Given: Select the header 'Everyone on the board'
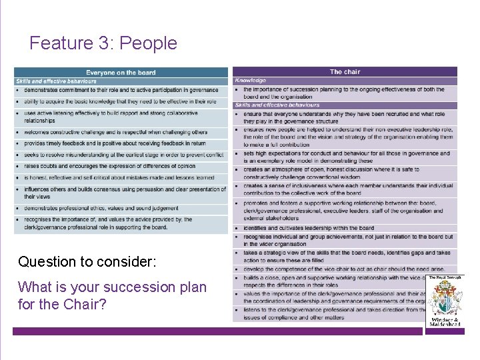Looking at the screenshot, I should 121,73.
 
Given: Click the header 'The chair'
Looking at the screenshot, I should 345,72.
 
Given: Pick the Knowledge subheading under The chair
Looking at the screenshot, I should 251,81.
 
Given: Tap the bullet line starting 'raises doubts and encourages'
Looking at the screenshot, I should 110,166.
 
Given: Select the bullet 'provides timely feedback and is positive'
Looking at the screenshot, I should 115,143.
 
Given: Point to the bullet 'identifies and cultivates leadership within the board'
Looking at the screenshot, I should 309,228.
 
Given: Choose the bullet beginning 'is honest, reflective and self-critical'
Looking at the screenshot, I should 119,178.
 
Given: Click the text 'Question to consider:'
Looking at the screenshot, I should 87,261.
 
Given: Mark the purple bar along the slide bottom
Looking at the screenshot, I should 220,331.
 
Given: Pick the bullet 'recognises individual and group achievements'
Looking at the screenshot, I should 347,237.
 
